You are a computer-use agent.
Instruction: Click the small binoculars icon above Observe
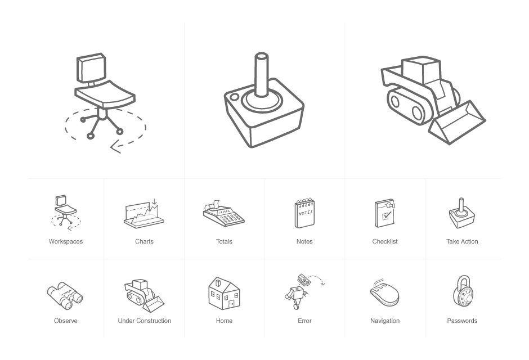click(65, 296)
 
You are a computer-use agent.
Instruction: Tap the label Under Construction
click(145, 321)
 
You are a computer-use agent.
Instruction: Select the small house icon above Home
click(224, 293)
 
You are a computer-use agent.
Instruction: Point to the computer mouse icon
click(384, 292)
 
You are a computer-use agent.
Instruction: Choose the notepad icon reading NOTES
click(304, 213)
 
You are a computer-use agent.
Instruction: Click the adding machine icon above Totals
click(223, 213)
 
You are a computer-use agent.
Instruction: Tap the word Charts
click(145, 241)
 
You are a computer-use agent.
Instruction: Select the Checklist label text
click(385, 241)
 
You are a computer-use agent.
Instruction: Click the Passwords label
click(462, 321)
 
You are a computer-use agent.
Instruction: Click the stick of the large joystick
click(262, 75)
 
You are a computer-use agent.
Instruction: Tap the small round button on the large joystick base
click(234, 97)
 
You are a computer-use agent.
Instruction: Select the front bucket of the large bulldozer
click(457, 123)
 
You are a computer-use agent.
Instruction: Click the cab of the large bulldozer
click(421, 70)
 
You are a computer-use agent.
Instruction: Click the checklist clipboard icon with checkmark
click(385, 213)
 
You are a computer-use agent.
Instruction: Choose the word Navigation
click(385, 321)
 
